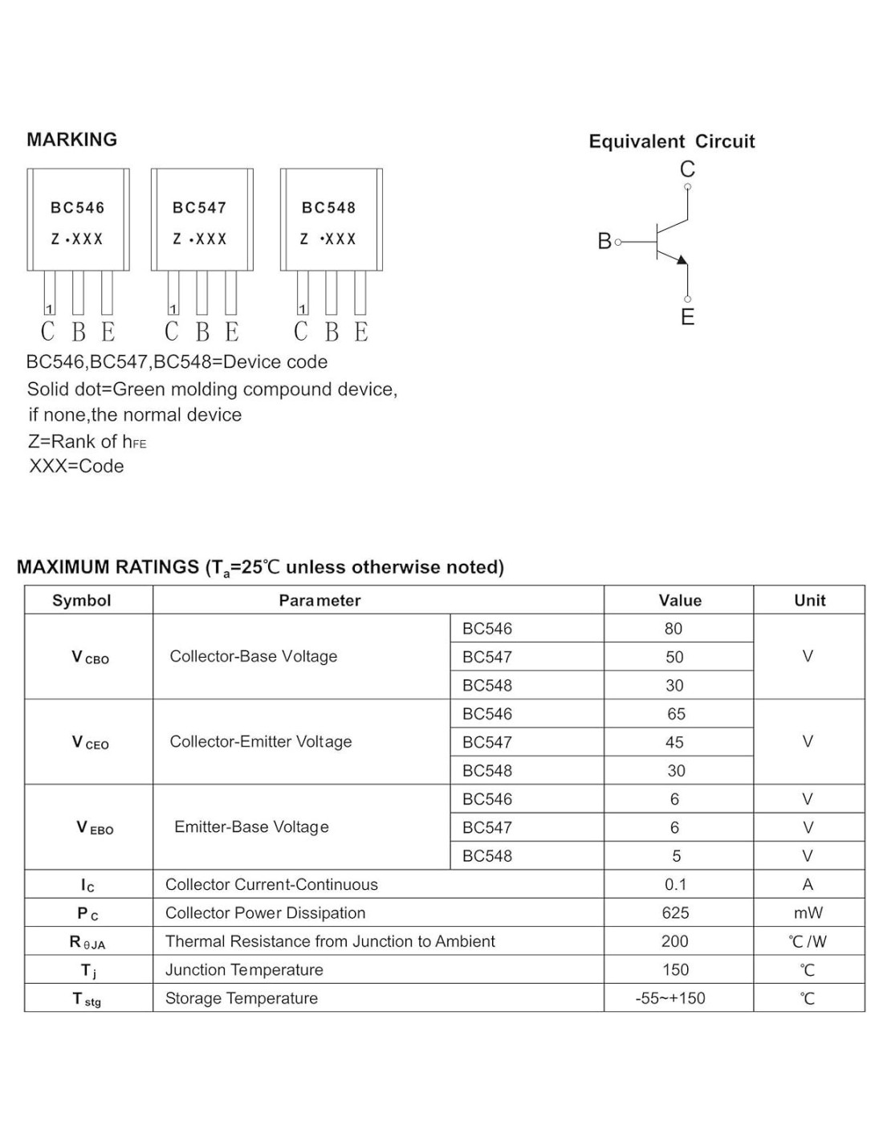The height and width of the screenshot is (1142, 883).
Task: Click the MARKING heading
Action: pyautogui.click(x=72, y=140)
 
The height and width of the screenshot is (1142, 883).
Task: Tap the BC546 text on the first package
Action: pyautogui.click(x=78, y=208)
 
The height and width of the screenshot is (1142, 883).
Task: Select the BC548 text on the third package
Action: pyautogui.click(x=328, y=208)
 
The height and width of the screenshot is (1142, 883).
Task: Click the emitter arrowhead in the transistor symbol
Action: pyautogui.click(x=682, y=259)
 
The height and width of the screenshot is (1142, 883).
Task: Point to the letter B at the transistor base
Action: pyautogui.click(x=604, y=241)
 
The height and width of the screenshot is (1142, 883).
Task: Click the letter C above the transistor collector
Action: pyautogui.click(x=687, y=169)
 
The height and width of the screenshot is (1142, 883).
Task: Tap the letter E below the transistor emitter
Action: pyautogui.click(x=687, y=317)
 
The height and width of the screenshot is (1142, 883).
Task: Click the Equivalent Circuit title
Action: pyautogui.click(x=672, y=141)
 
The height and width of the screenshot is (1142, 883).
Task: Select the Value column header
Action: pyautogui.click(x=679, y=601)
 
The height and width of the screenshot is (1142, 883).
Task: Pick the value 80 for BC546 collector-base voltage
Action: pyautogui.click(x=673, y=629)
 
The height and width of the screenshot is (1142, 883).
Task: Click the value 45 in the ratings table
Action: pyautogui.click(x=674, y=743)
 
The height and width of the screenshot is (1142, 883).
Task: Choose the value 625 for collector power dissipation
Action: pyautogui.click(x=675, y=913)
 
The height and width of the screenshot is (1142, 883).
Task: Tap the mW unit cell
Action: pyautogui.click(x=808, y=913)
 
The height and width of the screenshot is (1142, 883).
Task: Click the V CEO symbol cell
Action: pyautogui.click(x=89, y=743)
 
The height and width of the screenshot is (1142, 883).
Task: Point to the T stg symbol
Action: pyautogui.click(x=87, y=999)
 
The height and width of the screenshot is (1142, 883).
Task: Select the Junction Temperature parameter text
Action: pyautogui.click(x=244, y=970)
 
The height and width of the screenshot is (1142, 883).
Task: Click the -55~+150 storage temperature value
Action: pyautogui.click(x=670, y=999)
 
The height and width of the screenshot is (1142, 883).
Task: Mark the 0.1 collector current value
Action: pyautogui.click(x=675, y=885)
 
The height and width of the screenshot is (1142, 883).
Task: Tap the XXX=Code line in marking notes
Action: pyautogui.click(x=76, y=467)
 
